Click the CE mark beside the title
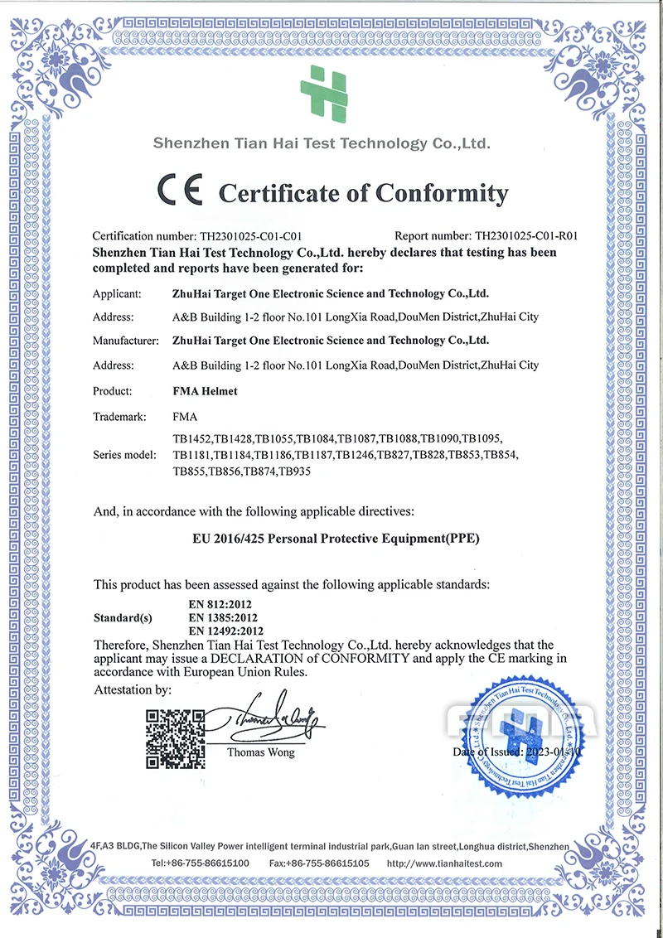click(x=181, y=191)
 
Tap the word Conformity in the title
click(x=442, y=193)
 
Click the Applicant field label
click(x=117, y=293)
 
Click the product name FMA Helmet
click(x=205, y=391)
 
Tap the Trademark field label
click(x=120, y=417)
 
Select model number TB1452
click(x=191, y=438)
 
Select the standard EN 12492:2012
click(x=224, y=631)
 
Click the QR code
click(x=175, y=738)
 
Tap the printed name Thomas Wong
click(x=260, y=752)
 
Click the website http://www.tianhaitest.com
click(x=445, y=863)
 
